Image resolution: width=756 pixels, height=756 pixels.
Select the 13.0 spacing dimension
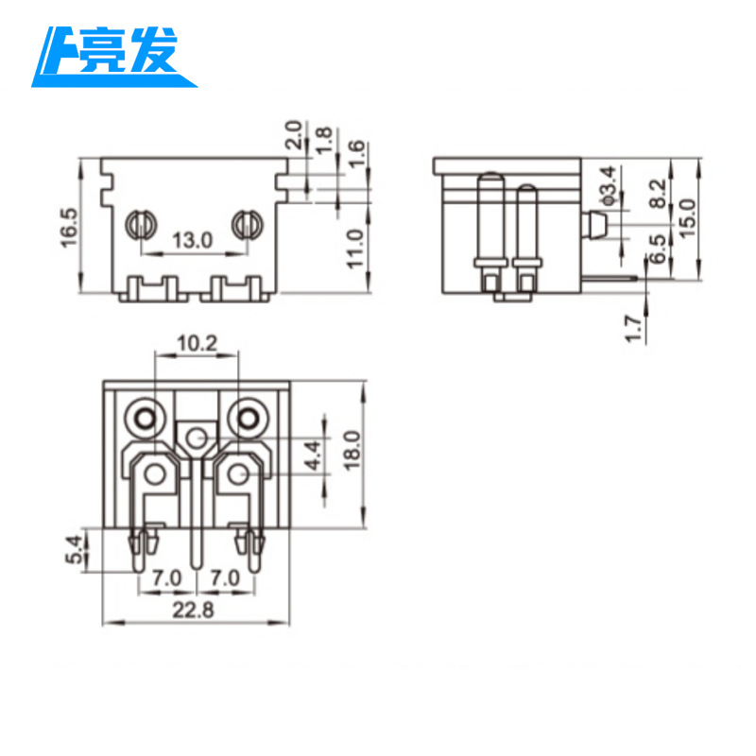[193, 241]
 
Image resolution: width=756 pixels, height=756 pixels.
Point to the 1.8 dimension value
[324, 138]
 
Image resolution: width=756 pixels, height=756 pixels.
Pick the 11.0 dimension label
[354, 248]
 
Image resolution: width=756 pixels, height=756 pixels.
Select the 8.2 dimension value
[659, 195]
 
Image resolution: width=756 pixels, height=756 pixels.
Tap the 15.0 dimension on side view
[687, 217]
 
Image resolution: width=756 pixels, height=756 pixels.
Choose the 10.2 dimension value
[198, 344]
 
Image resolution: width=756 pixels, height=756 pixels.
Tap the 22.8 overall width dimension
[194, 610]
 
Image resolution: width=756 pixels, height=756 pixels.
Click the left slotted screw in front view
[141, 224]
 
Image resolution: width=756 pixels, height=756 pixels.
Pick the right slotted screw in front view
[247, 224]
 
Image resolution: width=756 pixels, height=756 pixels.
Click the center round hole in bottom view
[196, 438]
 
